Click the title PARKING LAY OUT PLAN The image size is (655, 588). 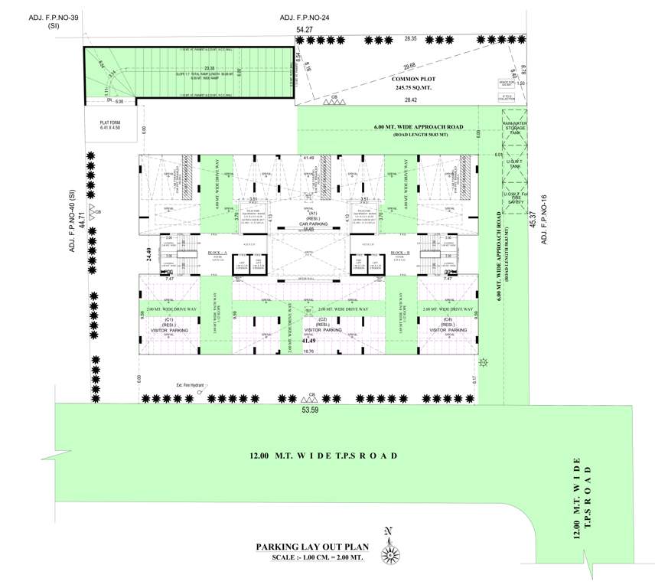coord(312,547)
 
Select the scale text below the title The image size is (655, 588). coord(315,557)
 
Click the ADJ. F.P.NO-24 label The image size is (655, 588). coord(304,17)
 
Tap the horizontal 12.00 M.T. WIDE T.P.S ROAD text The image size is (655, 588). coord(322,456)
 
